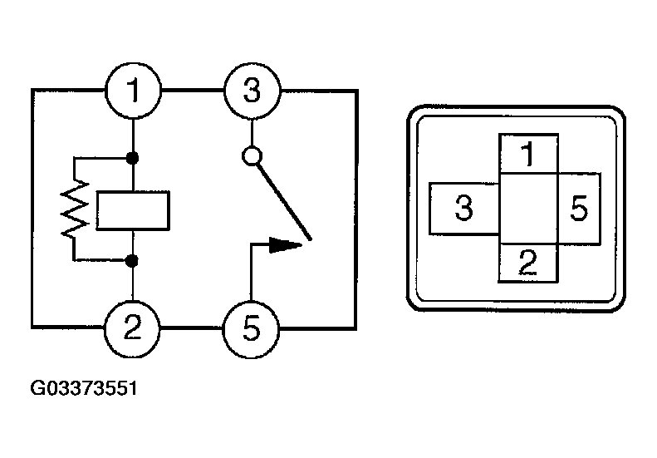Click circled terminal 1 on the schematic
pos(132,91)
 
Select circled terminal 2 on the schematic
pos(132,327)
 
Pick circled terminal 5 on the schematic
pos(251,329)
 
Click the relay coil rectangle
pos(133,210)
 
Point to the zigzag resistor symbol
pos(75,209)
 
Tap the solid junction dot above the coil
pos(132,158)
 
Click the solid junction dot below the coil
pos(132,261)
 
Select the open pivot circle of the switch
pos(253,156)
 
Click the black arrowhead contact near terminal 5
pos(286,245)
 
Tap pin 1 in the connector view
pos(528,154)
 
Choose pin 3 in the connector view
pos(464,209)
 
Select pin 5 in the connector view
pos(579,209)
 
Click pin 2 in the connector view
pos(527,263)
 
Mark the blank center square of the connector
pos(528,209)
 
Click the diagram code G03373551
pos(84,388)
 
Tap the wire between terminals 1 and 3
pos(193,90)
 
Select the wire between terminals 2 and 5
pos(191,327)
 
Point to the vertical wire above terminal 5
pos(251,273)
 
